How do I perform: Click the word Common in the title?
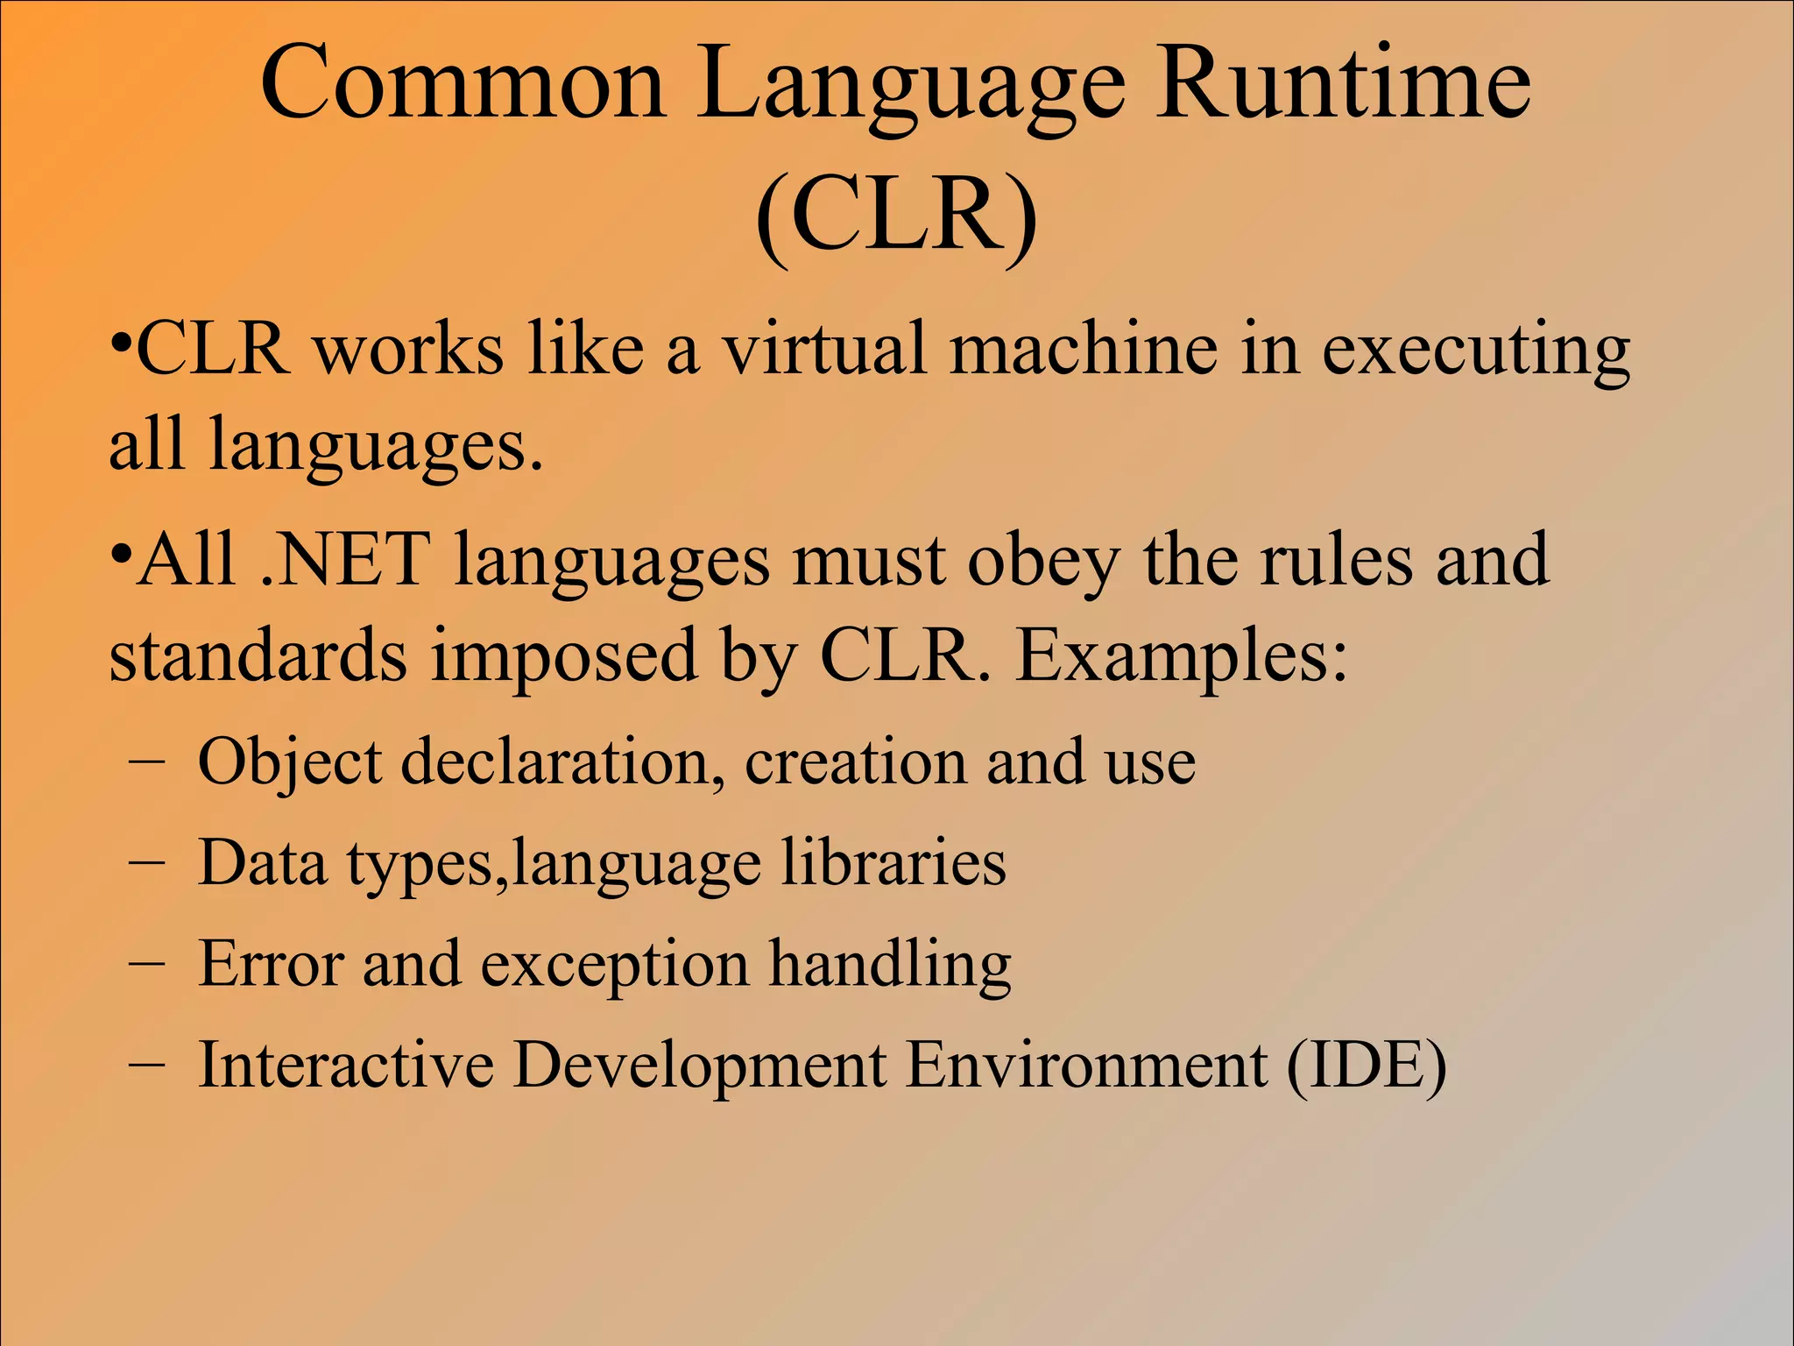pyautogui.click(x=463, y=85)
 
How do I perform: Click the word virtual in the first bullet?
pyautogui.click(x=823, y=349)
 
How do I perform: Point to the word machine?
pyautogui.click(x=1084, y=349)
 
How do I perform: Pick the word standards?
pyautogui.click(x=258, y=655)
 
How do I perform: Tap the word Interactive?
pyautogui.click(x=346, y=1066)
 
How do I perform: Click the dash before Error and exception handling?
pyautogui.click(x=145, y=962)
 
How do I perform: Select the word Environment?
pyautogui.click(x=1086, y=1066)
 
